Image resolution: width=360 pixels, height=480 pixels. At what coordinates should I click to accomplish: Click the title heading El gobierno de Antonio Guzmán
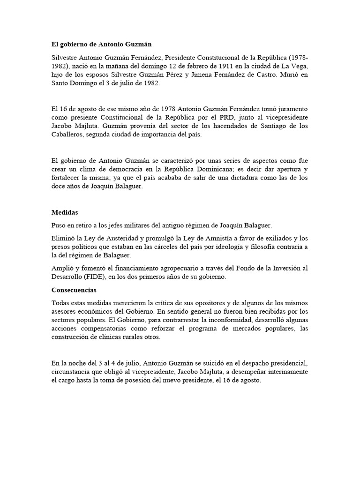point(102,44)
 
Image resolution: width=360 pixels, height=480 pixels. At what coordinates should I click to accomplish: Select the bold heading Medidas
point(65,212)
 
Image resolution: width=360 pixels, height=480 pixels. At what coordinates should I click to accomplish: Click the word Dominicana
point(226,168)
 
